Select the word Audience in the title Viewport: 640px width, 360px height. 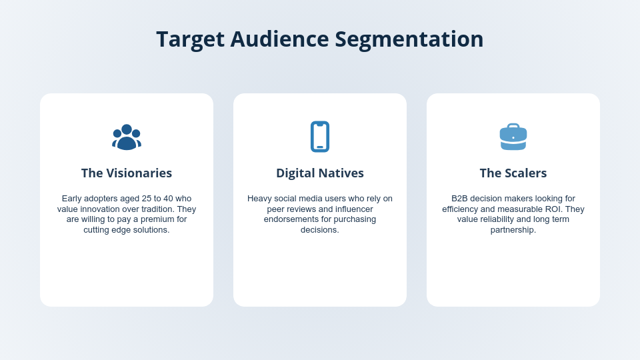(x=279, y=39)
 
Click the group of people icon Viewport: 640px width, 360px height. (x=127, y=137)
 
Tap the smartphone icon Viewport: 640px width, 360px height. (x=320, y=137)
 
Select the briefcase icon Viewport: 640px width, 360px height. (x=513, y=137)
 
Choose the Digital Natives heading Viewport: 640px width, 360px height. (x=320, y=173)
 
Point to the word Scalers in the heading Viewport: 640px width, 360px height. (x=525, y=173)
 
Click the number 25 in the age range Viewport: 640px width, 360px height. (x=145, y=199)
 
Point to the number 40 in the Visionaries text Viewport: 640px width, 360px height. (x=168, y=199)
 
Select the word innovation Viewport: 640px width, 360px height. (x=102, y=209)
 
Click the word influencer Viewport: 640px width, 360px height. (x=351, y=209)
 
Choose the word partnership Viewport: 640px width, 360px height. (x=513, y=230)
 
